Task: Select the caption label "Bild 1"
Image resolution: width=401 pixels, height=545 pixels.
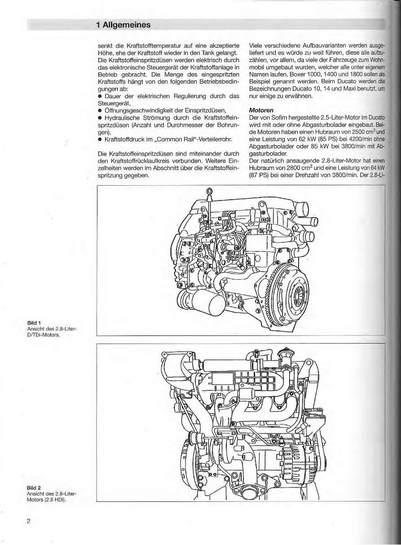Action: pyautogui.click(x=34, y=322)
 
